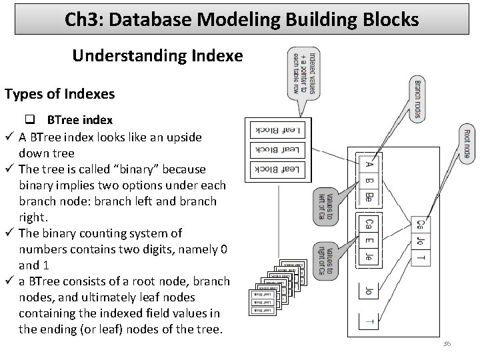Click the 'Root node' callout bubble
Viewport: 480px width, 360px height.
[468, 144]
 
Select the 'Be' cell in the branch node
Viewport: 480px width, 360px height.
[369, 197]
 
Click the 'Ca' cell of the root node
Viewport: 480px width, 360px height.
[421, 225]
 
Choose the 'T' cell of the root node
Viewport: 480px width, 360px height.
[421, 257]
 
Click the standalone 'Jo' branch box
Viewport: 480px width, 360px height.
[369, 291]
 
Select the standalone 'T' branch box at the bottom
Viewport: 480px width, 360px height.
[369, 322]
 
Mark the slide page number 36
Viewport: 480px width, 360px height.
[446, 343]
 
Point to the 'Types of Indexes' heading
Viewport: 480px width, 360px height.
[59, 93]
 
